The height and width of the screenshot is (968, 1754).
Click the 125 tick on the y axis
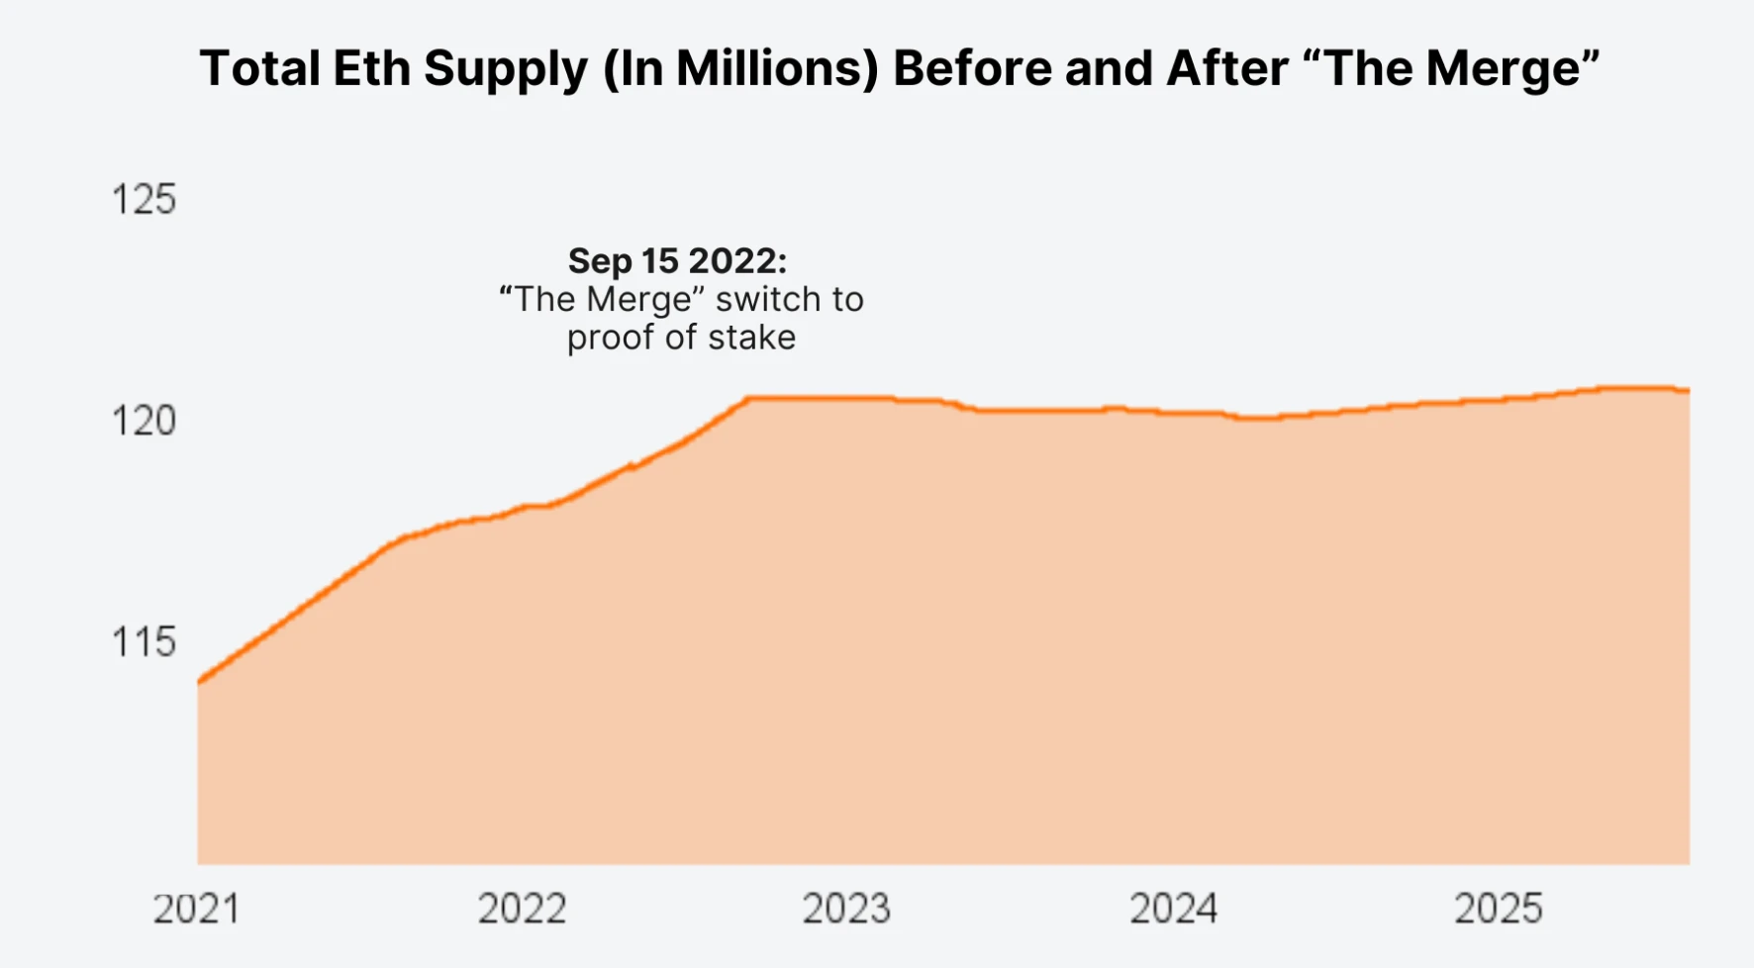(x=144, y=199)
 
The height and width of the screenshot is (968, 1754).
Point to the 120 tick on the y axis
(x=144, y=421)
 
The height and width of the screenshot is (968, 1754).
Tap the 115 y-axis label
(x=144, y=642)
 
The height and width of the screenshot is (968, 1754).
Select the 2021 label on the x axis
(x=196, y=909)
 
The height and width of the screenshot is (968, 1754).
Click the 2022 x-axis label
(x=522, y=909)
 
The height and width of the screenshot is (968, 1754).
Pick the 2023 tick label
(x=846, y=909)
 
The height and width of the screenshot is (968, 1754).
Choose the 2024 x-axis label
(x=1173, y=909)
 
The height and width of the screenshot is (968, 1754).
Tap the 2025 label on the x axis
(x=1498, y=909)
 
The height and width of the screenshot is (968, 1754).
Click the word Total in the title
(x=258, y=69)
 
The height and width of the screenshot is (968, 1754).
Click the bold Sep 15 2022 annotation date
(x=677, y=261)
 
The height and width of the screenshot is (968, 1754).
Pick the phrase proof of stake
(x=681, y=338)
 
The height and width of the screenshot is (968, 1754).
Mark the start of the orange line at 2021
(x=199, y=682)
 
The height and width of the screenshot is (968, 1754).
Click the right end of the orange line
(x=1688, y=391)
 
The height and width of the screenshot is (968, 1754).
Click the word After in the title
(x=1227, y=69)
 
